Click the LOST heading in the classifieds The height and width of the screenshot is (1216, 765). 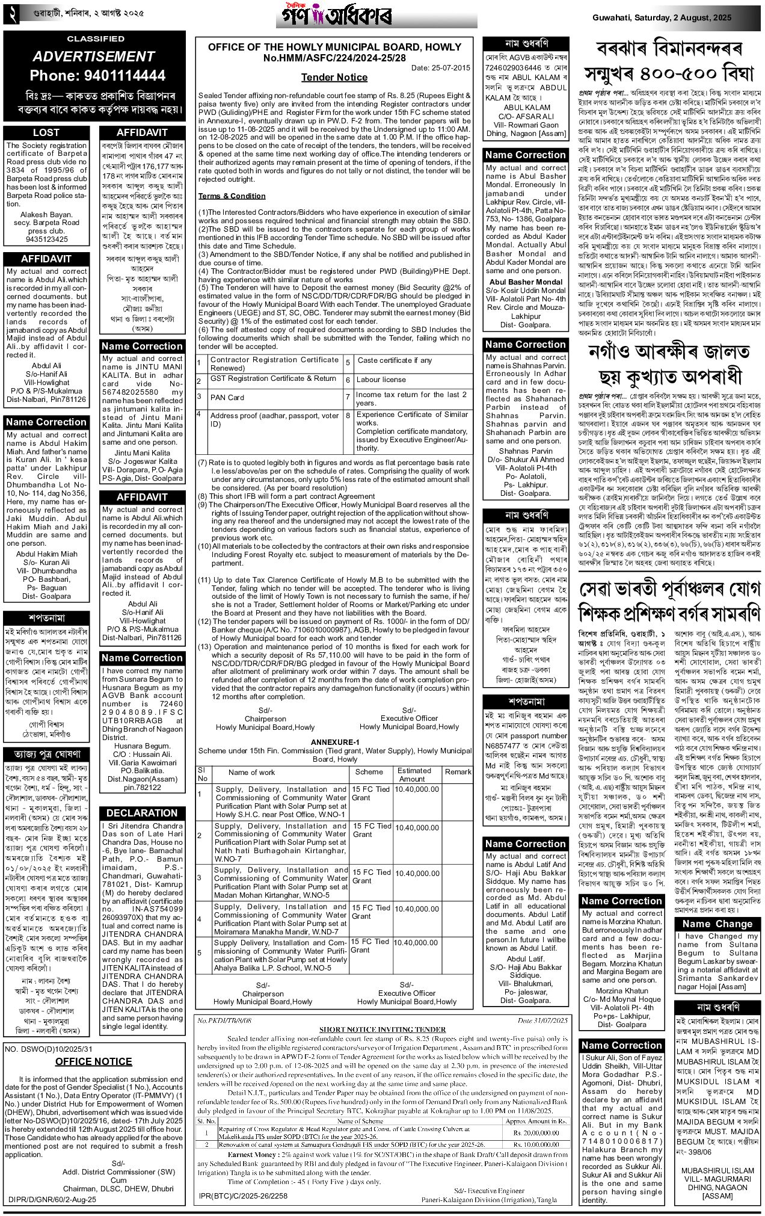pyautogui.click(x=46, y=132)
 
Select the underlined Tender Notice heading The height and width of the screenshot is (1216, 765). pyautogui.click(x=334, y=77)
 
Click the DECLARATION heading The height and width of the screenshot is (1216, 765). pyautogui.click(x=142, y=813)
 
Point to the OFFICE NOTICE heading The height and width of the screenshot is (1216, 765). pyautogui.click(x=93, y=1061)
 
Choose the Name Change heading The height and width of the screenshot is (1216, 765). pyautogui.click(x=717, y=924)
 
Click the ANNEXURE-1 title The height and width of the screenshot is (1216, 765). pyautogui.click(x=334, y=742)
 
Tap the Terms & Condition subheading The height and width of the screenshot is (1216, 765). pyautogui.click(x=232, y=196)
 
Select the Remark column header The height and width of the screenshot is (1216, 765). pyautogui.click(x=458, y=771)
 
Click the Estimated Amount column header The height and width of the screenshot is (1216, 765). pyautogui.click(x=414, y=774)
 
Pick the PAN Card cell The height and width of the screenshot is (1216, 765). pyautogui.click(x=227, y=398)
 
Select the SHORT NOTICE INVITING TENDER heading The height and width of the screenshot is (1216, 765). pyautogui.click(x=382, y=1029)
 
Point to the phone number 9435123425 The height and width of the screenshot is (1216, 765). pyautogui.click(x=46, y=239)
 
